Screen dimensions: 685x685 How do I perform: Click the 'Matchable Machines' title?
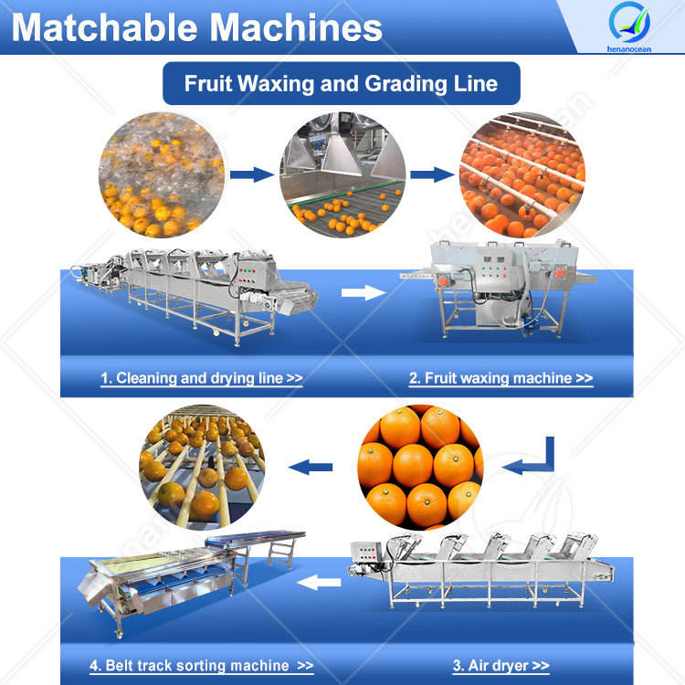[196, 27]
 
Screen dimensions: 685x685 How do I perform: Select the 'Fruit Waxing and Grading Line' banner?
[342, 84]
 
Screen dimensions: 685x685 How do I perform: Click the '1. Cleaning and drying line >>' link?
[202, 377]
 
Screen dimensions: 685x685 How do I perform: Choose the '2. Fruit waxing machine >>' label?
[501, 377]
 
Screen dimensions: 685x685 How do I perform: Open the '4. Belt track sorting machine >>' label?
[202, 666]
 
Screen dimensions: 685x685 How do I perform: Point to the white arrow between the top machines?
[364, 293]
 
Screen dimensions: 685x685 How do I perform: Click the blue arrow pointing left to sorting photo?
[311, 468]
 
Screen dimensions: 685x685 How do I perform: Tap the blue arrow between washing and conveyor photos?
[249, 174]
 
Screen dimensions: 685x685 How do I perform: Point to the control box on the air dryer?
[369, 554]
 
